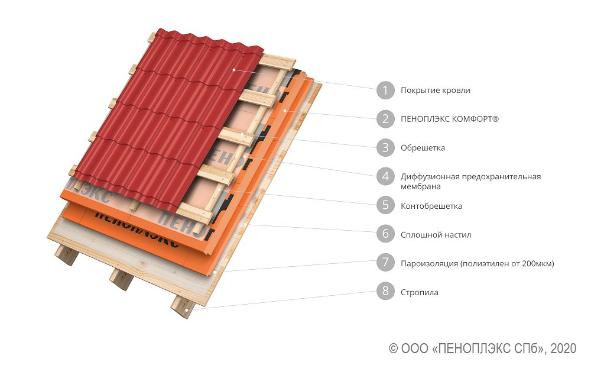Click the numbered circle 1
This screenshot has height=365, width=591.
(385, 90)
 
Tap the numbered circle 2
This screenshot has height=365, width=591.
(385, 119)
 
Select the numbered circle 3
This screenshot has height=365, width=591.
(385, 147)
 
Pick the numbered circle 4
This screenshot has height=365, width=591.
(385, 176)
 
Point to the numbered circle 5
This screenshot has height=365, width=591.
(385, 205)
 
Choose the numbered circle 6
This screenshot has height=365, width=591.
(385, 234)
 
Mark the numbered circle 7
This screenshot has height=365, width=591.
(385, 262)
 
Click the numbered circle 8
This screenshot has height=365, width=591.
(385, 291)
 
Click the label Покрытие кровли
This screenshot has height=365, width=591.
(436, 91)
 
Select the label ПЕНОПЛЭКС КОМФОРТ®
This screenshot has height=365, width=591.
(450, 119)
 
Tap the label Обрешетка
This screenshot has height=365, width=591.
(423, 148)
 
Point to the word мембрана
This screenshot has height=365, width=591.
(421, 186)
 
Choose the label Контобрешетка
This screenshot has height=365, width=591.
(431, 206)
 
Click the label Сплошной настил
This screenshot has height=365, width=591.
(436, 235)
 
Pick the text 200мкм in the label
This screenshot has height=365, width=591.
(537, 263)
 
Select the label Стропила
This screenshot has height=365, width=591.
(420, 292)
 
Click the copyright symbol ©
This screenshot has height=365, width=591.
(393, 348)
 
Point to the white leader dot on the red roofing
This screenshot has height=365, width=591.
(234, 70)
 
